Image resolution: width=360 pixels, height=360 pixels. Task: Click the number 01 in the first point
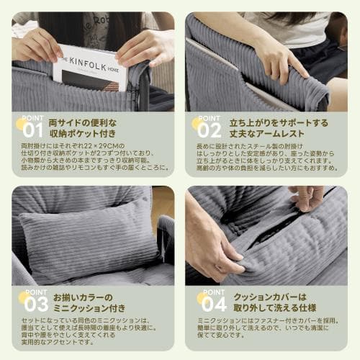click(x=33, y=131)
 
